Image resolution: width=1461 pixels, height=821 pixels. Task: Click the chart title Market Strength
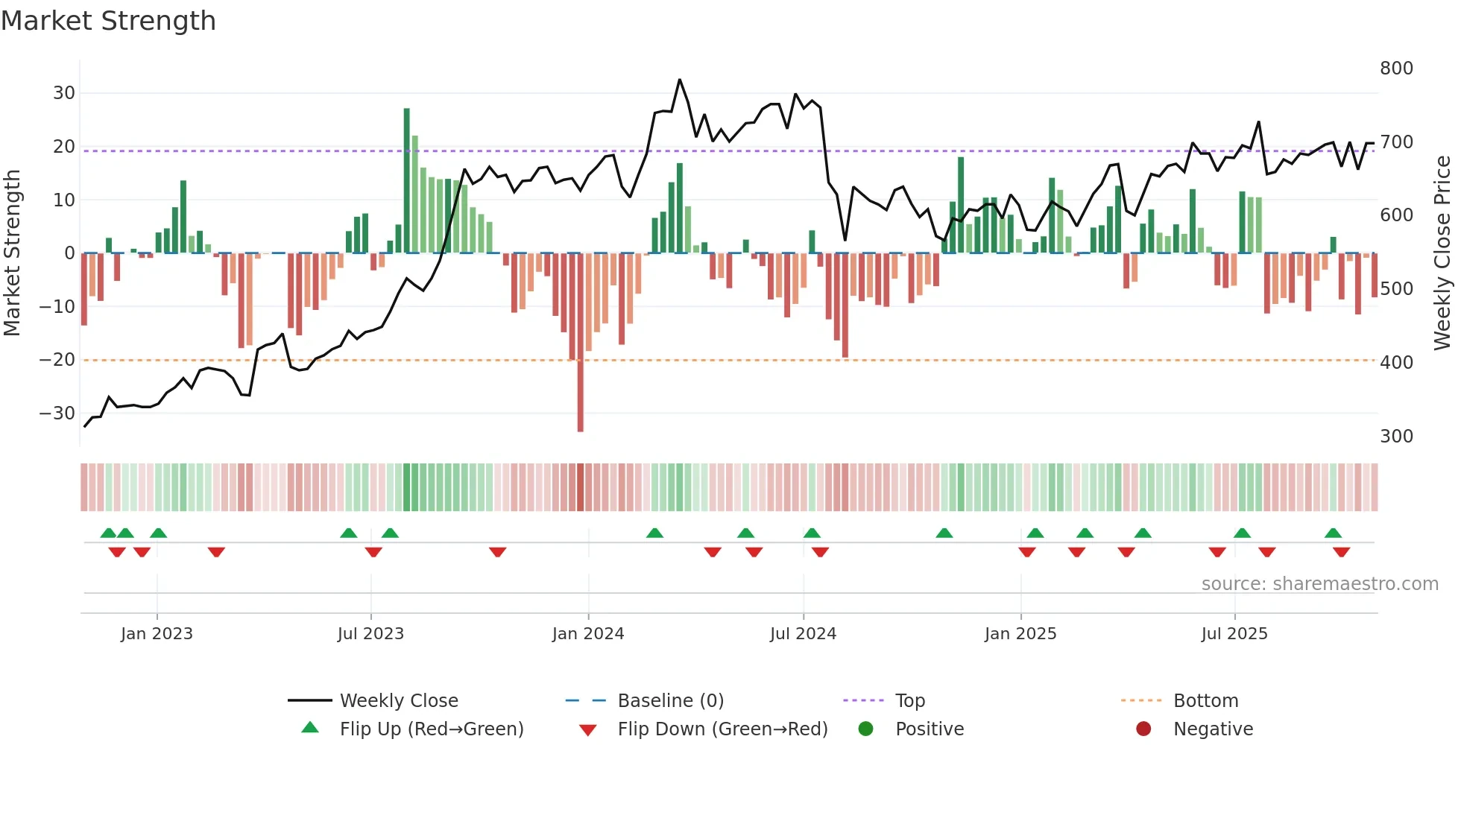click(x=108, y=21)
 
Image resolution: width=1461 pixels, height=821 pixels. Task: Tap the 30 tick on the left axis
click(x=64, y=93)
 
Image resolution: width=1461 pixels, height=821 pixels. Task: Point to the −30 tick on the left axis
click(x=57, y=413)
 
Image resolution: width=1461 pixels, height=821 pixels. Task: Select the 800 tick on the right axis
click(x=1396, y=69)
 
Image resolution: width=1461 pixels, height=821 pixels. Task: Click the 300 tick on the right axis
click(x=1396, y=437)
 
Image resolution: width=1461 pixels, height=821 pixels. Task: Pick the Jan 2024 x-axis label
click(x=588, y=634)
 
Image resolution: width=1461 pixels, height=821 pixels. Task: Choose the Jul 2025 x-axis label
click(x=1234, y=634)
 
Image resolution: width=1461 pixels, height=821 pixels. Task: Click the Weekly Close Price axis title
click(x=1442, y=253)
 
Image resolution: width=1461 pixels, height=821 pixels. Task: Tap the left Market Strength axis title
click(x=12, y=253)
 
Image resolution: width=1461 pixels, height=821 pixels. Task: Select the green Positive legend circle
click(x=865, y=729)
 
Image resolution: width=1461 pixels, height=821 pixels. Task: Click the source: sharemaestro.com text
click(x=1319, y=584)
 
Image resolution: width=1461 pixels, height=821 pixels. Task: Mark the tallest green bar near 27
click(x=407, y=179)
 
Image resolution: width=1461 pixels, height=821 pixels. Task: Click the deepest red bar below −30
click(x=581, y=343)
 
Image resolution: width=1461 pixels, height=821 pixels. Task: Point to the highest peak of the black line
click(x=679, y=80)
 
